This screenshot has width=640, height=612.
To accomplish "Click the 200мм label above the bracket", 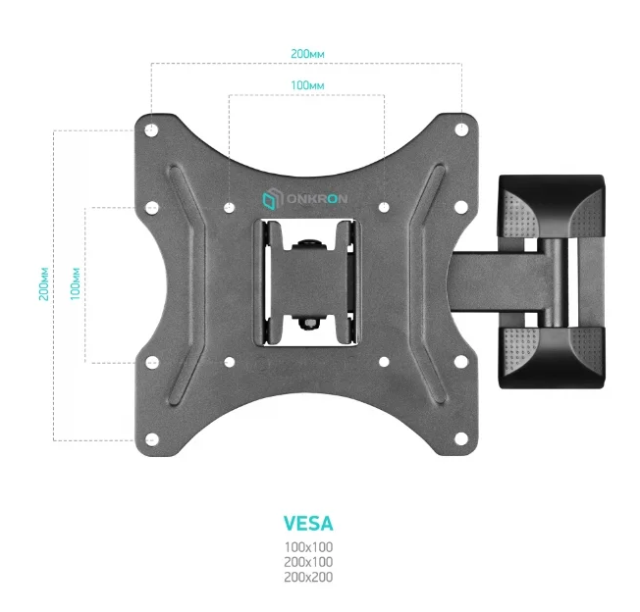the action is [x=307, y=54].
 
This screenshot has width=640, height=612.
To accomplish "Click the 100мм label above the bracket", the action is [x=307, y=85].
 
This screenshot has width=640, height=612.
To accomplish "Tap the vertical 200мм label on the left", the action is [x=43, y=284].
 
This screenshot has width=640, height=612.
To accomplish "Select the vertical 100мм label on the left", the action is [x=76, y=284].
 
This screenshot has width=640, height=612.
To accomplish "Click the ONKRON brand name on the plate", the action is [x=317, y=199].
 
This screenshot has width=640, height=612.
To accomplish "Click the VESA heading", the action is [x=308, y=524].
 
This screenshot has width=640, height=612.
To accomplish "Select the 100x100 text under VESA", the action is [x=308, y=546].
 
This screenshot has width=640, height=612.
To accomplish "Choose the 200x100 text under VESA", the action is [x=308, y=562].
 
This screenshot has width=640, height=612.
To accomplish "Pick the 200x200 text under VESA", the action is [x=308, y=577].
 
